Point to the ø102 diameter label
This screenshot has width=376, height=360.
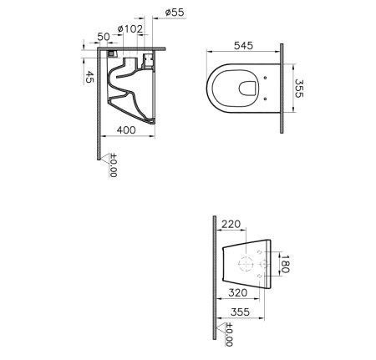130,29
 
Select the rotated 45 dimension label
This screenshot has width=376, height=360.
89,77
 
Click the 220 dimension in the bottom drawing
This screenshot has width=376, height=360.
231,224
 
